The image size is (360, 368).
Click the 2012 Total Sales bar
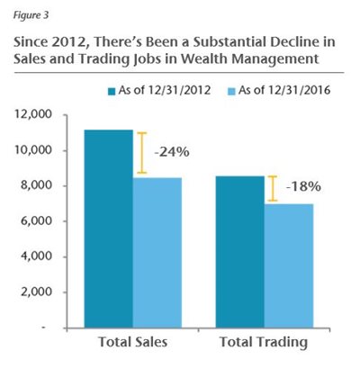[x=109, y=229]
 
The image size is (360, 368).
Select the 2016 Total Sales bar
[x=157, y=253]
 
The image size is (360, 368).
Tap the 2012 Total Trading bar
[x=240, y=252]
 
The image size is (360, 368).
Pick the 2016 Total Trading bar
[x=289, y=265]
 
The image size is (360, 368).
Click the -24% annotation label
[x=172, y=152]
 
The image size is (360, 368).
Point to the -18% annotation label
[x=303, y=187]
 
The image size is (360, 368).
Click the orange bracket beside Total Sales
[x=142, y=153]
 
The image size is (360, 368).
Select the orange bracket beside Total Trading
[x=273, y=189]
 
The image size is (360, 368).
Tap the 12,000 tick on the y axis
[x=32, y=114]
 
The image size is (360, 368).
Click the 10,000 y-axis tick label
[x=32, y=150]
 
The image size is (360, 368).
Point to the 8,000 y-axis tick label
[x=35, y=185]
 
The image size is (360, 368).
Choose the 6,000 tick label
[x=35, y=220]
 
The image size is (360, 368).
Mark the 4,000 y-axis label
[x=35, y=256]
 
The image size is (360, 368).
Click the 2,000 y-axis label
[x=35, y=292]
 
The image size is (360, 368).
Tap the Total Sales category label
[x=133, y=342]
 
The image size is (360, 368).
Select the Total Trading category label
[x=264, y=343]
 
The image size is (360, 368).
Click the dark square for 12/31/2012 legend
[x=112, y=91]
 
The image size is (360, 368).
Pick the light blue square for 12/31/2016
[x=232, y=91]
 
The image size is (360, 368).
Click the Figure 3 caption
[x=31, y=15]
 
